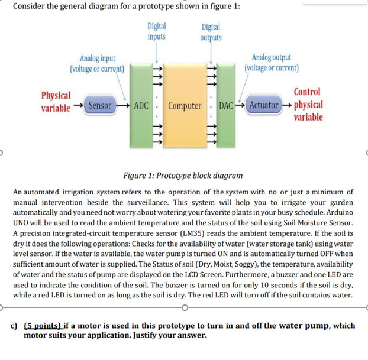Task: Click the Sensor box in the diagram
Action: pos(99,106)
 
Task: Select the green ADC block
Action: pos(140,106)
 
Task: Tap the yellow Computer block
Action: pos(184,106)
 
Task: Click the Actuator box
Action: pos(263,106)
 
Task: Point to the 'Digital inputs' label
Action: pos(157,31)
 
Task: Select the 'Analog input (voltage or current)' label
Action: pos(98,63)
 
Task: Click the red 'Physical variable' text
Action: pos(56,100)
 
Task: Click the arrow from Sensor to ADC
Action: pos(122,106)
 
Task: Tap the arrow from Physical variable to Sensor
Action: pos(79,106)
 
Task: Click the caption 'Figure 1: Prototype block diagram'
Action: pos(183,176)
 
